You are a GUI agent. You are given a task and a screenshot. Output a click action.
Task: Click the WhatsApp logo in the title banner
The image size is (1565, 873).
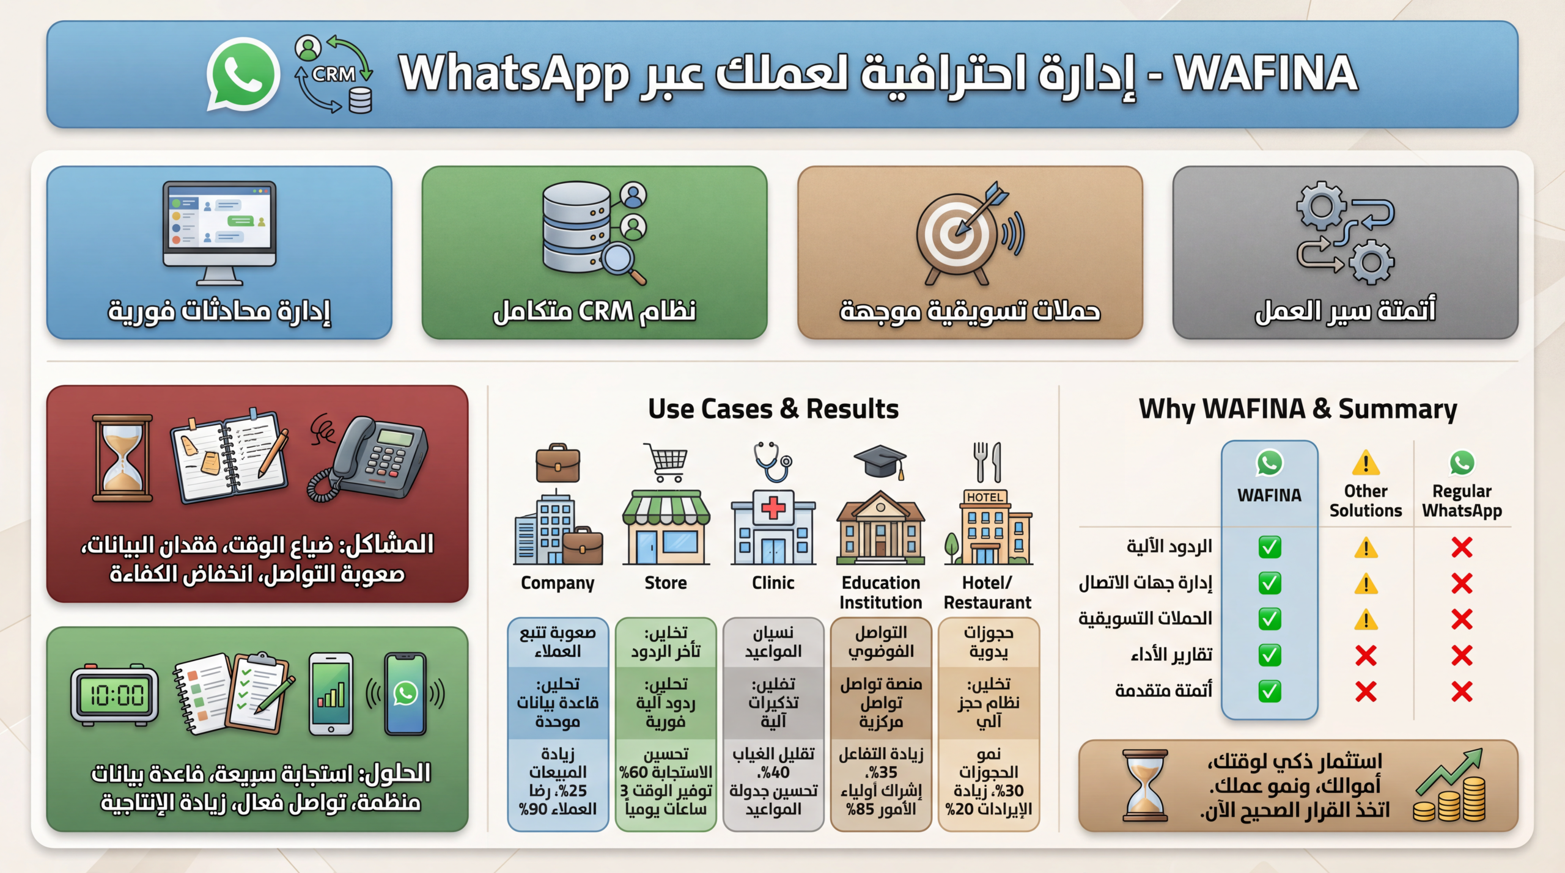(x=243, y=74)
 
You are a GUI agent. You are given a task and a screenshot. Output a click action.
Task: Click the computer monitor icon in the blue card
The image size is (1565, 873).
(x=219, y=233)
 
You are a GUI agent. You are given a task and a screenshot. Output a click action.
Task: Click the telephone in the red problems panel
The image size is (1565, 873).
(x=367, y=459)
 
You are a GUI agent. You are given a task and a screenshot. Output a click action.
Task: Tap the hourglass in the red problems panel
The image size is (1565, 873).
(x=122, y=458)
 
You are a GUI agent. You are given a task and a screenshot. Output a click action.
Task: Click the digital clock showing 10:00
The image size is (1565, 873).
(x=115, y=695)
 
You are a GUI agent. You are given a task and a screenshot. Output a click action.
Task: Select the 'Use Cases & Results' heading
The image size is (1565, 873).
(x=773, y=409)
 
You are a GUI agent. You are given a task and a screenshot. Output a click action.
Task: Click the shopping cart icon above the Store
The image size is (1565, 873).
(x=666, y=462)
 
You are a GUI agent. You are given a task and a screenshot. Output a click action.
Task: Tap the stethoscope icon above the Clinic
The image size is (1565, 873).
(x=773, y=462)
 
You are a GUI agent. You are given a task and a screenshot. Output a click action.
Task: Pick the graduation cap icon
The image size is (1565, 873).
(x=880, y=462)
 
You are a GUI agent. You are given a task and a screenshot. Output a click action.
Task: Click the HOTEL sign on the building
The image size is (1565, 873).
(x=985, y=497)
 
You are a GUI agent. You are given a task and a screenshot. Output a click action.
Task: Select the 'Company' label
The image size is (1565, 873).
(x=558, y=583)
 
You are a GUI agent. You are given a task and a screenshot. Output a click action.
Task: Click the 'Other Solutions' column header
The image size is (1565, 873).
(x=1366, y=501)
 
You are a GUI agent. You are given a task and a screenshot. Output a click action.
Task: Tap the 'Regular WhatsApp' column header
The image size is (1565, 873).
(x=1462, y=501)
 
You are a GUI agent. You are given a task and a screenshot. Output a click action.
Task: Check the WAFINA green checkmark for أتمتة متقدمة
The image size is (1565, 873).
(x=1269, y=692)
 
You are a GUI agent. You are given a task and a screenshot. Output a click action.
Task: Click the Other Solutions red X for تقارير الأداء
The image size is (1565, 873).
(x=1366, y=656)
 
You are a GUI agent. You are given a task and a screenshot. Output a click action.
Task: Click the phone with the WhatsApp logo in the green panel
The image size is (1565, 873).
(x=405, y=693)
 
